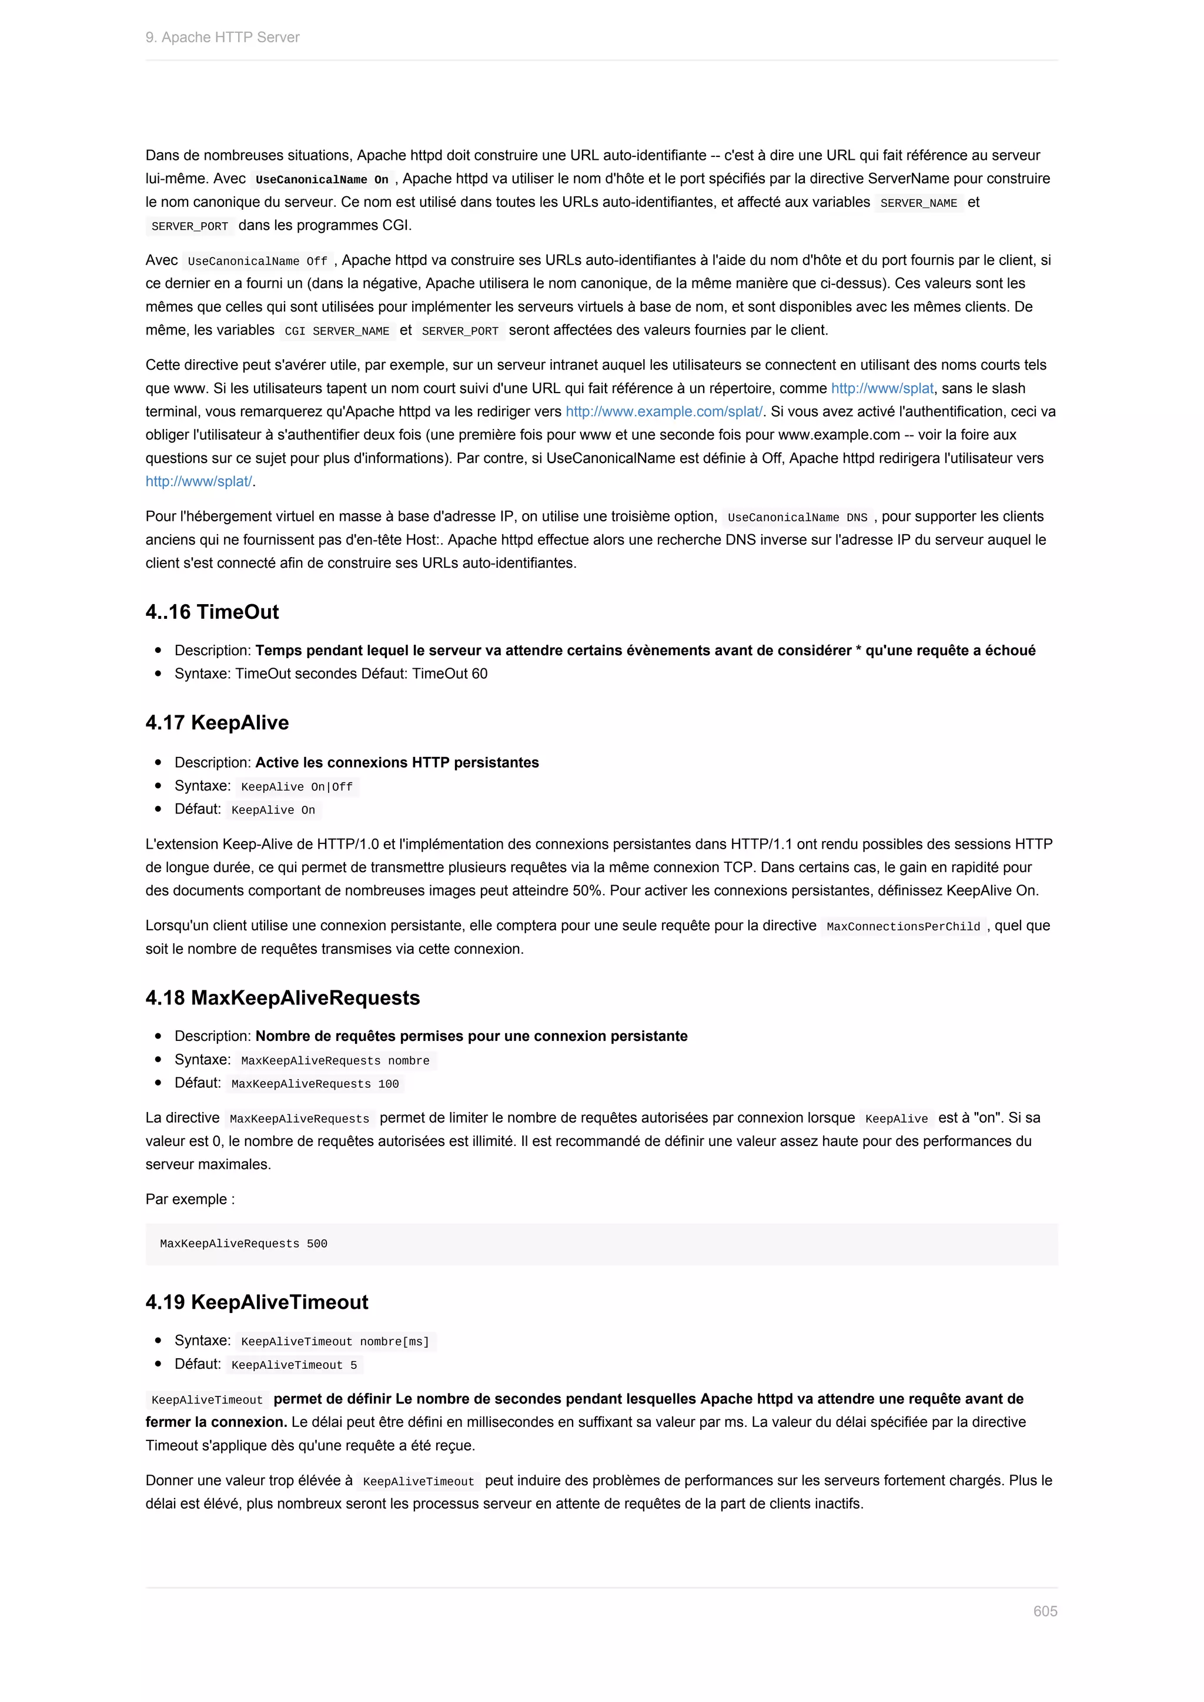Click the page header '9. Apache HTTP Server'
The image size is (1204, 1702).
click(x=222, y=37)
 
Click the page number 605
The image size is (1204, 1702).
click(x=1045, y=1611)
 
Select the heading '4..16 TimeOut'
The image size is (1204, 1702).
click(x=212, y=612)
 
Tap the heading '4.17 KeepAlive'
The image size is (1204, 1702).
click(x=217, y=723)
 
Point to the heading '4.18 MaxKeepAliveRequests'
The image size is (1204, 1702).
click(x=282, y=998)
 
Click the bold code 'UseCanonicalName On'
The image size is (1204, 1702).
click(x=322, y=179)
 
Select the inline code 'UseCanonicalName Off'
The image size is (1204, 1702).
click(x=257, y=261)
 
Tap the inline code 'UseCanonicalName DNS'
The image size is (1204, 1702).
click(x=797, y=517)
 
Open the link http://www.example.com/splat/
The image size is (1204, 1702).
click(x=664, y=411)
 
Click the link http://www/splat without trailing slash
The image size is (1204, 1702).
click(x=881, y=388)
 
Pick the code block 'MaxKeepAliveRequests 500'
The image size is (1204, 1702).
click(x=243, y=1244)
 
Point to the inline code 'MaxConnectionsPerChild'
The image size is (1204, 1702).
click(x=903, y=927)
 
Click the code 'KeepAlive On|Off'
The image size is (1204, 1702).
click(x=296, y=786)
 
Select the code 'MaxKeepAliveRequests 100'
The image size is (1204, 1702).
click(x=315, y=1084)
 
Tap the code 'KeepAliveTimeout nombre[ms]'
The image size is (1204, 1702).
click(x=335, y=1342)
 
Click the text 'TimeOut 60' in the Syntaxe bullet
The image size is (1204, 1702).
click(x=449, y=674)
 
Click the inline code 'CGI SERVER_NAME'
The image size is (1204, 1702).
click(x=337, y=331)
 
